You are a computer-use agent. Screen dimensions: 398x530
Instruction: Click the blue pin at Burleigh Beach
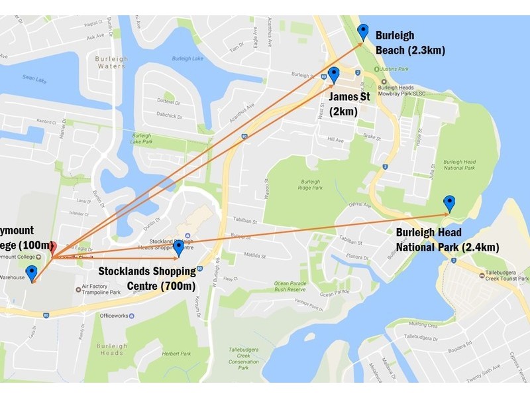362,31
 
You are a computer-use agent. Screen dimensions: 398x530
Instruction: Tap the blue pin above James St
334,74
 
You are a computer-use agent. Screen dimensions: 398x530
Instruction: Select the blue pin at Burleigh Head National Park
449,203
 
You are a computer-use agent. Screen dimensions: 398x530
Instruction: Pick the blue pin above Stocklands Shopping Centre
178,248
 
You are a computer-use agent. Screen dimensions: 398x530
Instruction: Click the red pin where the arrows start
52,252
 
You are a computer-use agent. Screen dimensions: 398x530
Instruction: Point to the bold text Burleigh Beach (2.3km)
409,42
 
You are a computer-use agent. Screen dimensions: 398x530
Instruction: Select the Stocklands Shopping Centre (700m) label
147,279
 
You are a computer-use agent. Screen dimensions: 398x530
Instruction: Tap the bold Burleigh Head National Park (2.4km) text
447,240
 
